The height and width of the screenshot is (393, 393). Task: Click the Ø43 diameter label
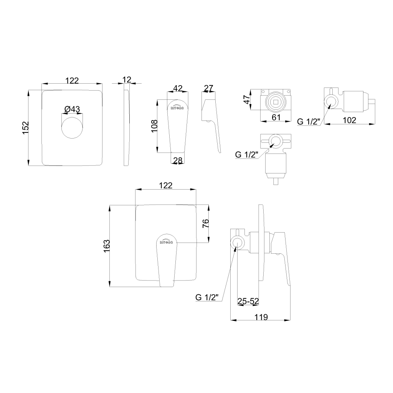click(x=72, y=109)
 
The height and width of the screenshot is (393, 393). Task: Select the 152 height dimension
click(x=26, y=128)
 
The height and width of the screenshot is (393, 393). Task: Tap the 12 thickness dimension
click(x=127, y=80)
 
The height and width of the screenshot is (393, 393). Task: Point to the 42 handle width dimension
click(x=178, y=88)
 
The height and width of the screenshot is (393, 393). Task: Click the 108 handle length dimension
click(x=154, y=126)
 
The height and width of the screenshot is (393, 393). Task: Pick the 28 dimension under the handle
click(x=178, y=160)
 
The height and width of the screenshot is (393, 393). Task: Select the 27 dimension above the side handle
click(x=208, y=88)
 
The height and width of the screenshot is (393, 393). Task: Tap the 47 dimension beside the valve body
click(x=247, y=99)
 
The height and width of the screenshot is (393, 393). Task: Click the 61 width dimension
click(x=276, y=117)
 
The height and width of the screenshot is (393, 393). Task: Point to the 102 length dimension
click(x=349, y=120)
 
